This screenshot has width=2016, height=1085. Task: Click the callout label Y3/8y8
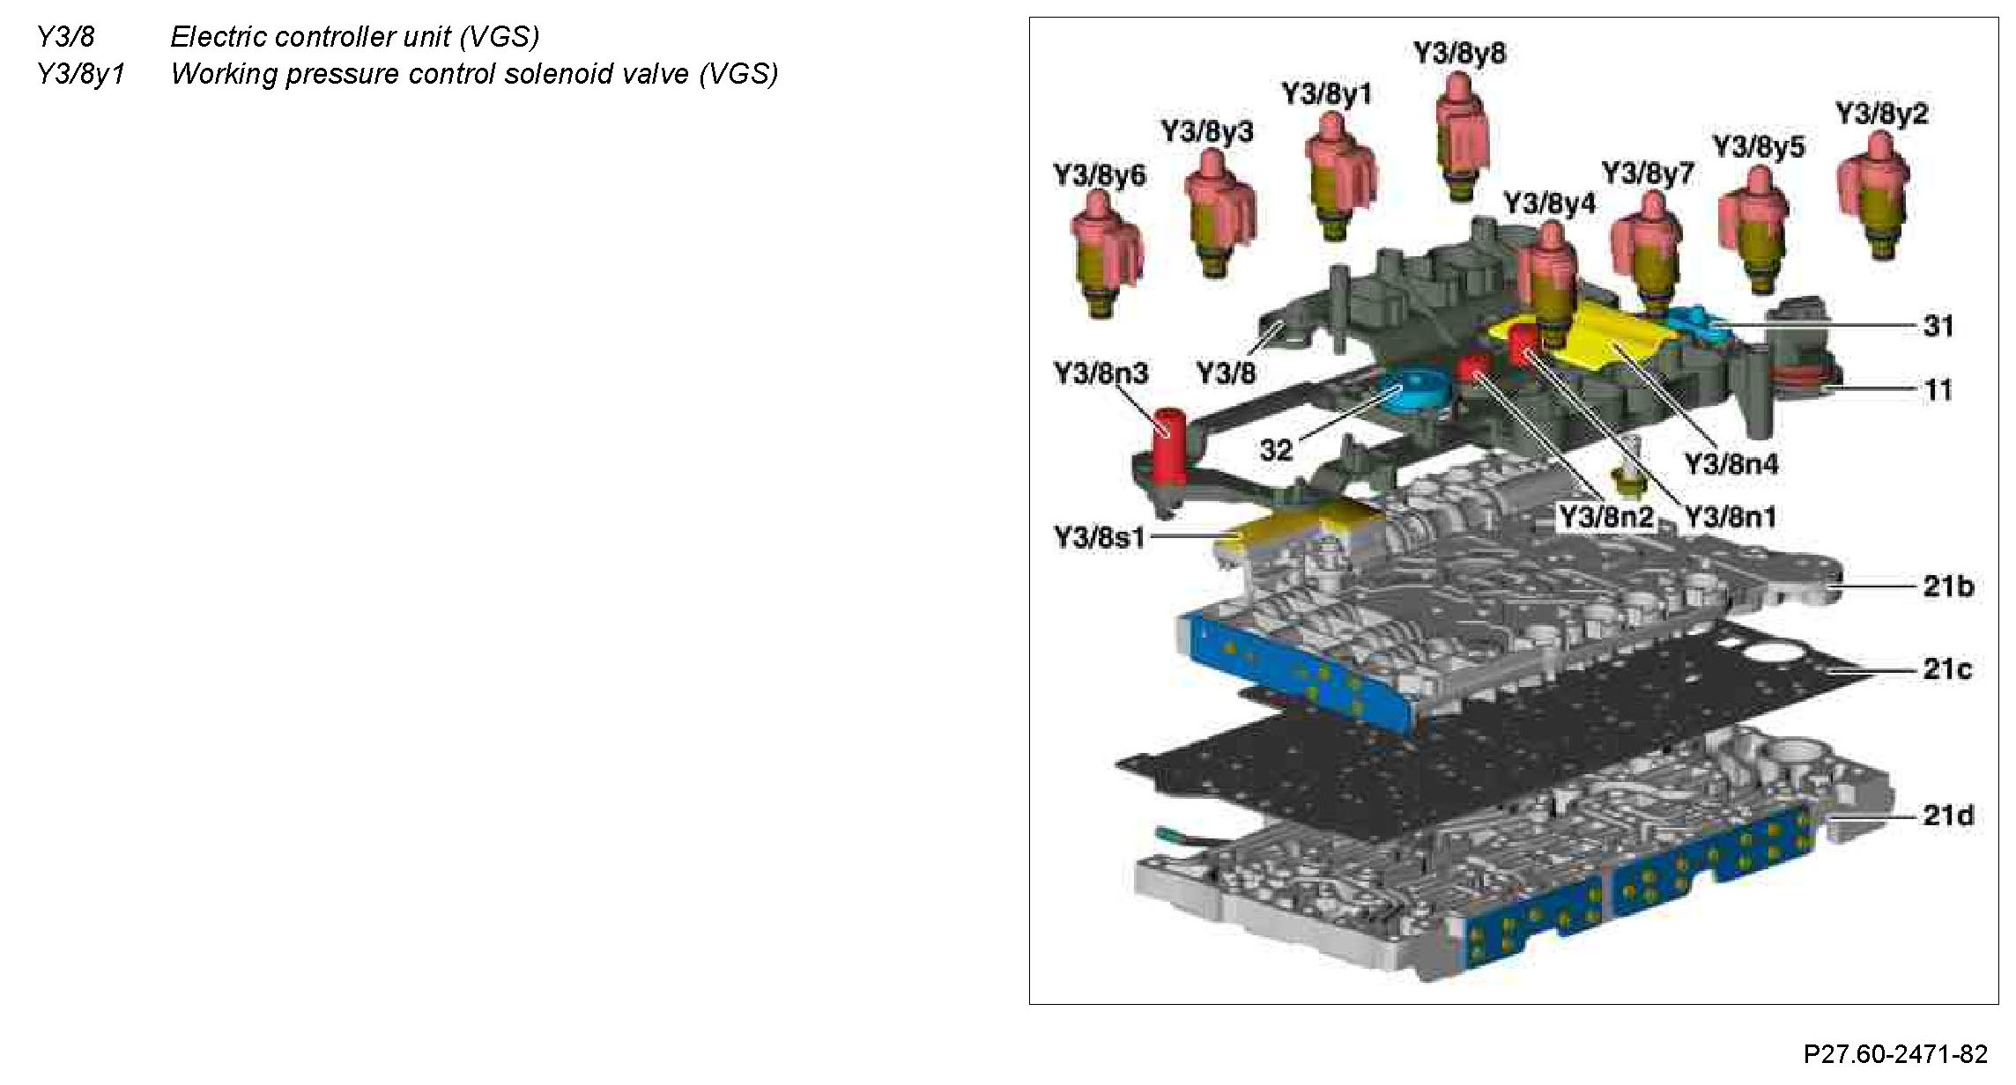(1459, 53)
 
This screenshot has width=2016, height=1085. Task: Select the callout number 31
(1938, 326)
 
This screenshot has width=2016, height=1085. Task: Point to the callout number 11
(1938, 389)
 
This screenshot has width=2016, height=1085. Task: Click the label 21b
(1947, 586)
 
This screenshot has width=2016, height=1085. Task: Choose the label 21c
(1947, 669)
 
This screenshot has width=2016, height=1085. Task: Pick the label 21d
(1947, 815)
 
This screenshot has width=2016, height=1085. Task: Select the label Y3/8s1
(1099, 536)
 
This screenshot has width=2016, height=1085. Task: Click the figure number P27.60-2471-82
(1895, 1054)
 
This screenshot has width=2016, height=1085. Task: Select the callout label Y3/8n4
(1731, 463)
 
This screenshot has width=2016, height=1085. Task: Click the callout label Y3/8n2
(1606, 517)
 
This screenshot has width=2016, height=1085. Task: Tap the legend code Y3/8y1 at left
(81, 74)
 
